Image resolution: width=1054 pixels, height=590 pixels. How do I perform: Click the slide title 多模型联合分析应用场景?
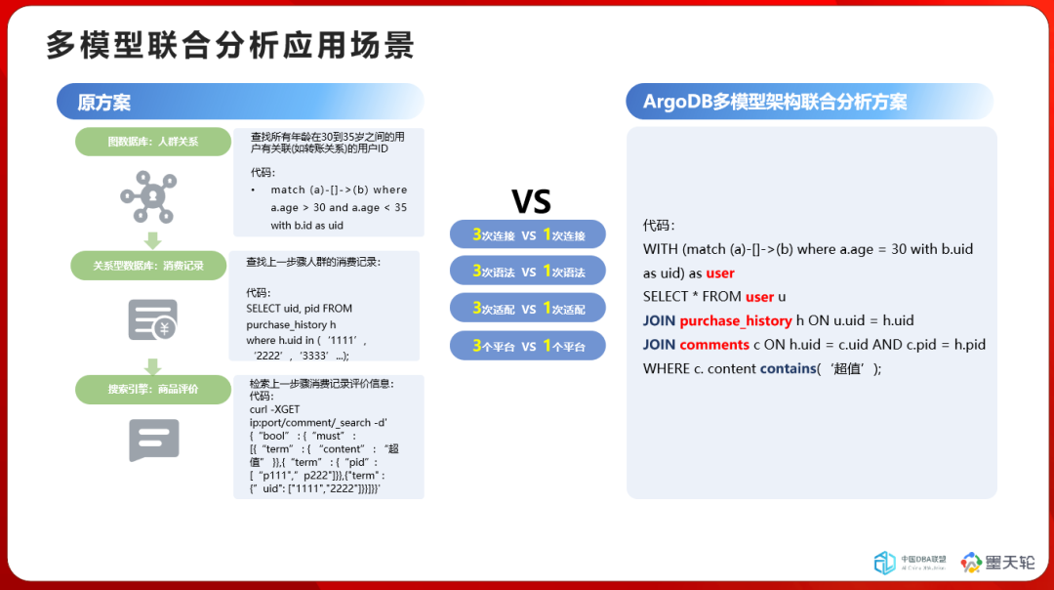(230, 45)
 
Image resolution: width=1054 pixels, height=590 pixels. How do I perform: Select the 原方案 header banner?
(240, 102)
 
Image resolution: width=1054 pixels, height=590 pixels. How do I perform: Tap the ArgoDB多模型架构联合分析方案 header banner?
(809, 102)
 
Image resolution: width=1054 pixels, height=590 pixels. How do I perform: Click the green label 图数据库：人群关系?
(153, 142)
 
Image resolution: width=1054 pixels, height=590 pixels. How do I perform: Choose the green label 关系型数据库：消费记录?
(148, 266)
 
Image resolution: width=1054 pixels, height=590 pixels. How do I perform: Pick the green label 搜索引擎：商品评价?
(153, 390)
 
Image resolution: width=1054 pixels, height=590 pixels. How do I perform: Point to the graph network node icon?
(148, 196)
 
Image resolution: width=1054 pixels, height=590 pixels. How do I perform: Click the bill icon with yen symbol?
(153, 319)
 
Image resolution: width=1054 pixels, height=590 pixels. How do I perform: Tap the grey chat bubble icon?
(154, 440)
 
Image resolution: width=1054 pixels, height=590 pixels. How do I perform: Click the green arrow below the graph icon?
(152, 240)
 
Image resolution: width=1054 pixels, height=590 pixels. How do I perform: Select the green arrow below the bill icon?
(152, 366)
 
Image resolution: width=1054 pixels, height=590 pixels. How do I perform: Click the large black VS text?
(531, 201)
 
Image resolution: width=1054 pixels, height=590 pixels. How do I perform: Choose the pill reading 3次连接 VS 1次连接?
(528, 234)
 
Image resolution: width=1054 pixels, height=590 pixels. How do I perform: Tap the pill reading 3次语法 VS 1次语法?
(528, 272)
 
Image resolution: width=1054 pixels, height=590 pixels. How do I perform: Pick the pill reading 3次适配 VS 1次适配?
(528, 308)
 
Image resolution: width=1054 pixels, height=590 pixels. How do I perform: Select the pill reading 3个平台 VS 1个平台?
(528, 346)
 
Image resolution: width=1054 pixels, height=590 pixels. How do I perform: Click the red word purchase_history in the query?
(736, 321)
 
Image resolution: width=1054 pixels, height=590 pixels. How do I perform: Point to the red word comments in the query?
(713, 345)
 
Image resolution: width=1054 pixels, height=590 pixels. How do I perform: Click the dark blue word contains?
(788, 368)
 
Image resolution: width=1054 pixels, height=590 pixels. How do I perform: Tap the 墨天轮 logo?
(997, 563)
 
